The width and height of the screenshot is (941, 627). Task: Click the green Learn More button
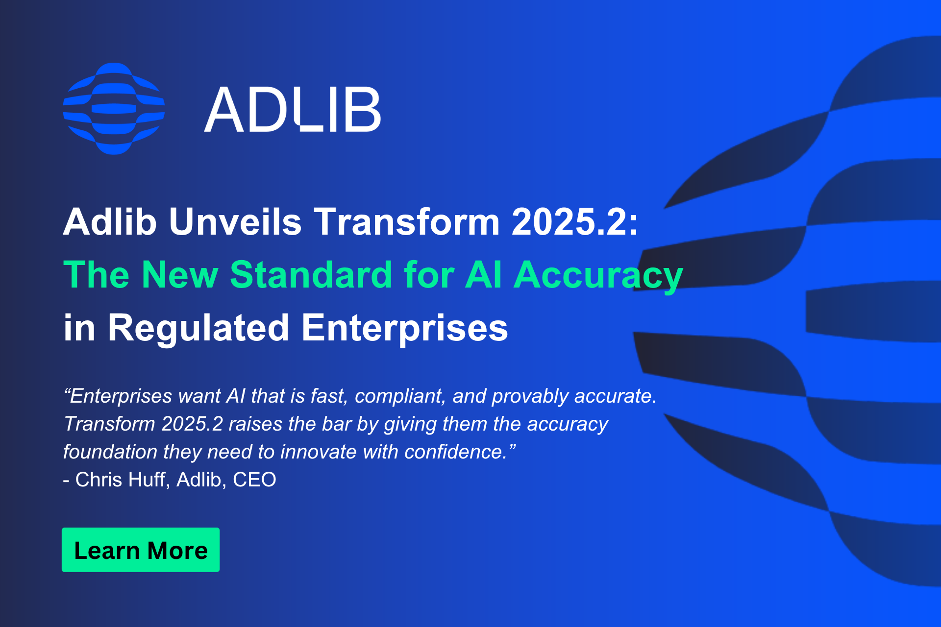[141, 550]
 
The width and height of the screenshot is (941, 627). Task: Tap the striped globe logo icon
[114, 108]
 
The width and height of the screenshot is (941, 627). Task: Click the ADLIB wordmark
[293, 109]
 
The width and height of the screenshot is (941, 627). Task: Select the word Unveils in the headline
[235, 222]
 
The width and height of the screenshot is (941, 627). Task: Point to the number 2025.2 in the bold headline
[569, 222]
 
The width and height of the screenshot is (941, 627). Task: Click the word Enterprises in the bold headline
[405, 329]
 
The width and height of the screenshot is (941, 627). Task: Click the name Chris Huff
[122, 480]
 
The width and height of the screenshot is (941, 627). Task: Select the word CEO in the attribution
[254, 480]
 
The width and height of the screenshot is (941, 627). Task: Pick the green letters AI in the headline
[483, 275]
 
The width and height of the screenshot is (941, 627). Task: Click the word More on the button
[177, 551]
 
